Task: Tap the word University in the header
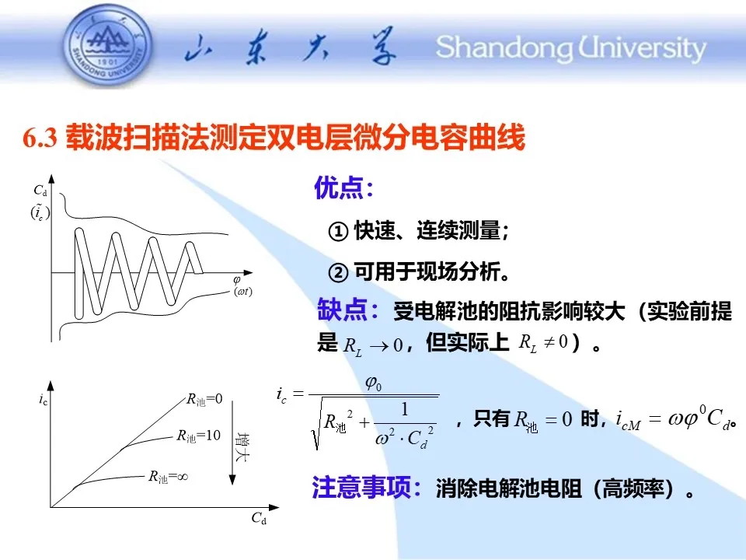click(642, 48)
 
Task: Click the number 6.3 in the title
click(40, 138)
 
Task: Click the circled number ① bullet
click(338, 232)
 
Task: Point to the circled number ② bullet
click(338, 273)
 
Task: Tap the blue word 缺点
click(342, 310)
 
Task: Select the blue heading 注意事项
click(361, 487)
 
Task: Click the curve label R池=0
click(204, 400)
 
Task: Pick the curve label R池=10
click(198, 436)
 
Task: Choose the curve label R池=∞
click(169, 477)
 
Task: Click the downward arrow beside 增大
click(232, 443)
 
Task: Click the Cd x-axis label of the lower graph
click(259, 518)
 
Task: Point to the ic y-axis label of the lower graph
click(44, 399)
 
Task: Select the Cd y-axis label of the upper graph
click(40, 191)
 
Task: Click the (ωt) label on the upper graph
click(242, 292)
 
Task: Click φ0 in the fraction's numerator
click(374, 383)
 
